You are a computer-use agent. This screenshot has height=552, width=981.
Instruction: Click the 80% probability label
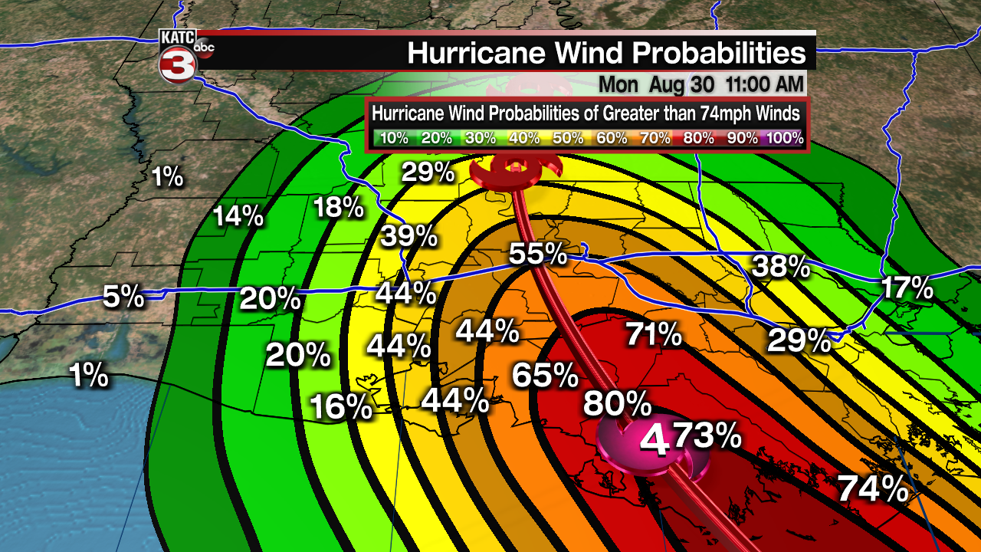[x=617, y=403]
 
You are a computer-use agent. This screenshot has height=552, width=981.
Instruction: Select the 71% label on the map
[x=653, y=334]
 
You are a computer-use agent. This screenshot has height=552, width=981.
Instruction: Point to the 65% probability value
[x=544, y=376]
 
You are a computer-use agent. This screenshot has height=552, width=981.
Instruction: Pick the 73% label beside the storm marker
[x=707, y=436]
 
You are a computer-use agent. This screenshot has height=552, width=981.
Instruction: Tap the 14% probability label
[x=238, y=216]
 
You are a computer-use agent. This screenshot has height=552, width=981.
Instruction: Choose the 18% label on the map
[x=338, y=207]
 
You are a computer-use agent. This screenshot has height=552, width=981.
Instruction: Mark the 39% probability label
[x=409, y=237]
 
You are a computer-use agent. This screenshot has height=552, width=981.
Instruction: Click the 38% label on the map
[x=781, y=267]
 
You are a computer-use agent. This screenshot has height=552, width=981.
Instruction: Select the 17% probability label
[x=907, y=289]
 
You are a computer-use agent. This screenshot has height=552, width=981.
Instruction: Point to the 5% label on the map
[x=124, y=296]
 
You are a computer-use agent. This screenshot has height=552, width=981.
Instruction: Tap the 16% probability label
[x=341, y=407]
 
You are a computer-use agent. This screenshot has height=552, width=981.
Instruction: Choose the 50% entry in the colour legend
[x=569, y=139]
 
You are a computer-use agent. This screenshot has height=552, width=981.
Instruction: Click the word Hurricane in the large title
[x=492, y=53]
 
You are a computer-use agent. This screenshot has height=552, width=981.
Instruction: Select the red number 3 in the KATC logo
[x=175, y=64]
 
